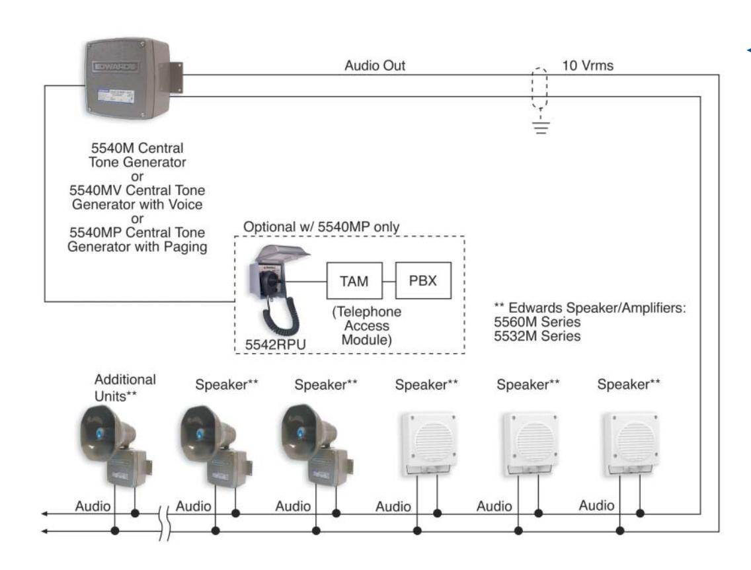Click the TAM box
(354, 280)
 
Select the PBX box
(423, 280)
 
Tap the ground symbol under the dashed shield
(541, 125)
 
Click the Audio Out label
(375, 65)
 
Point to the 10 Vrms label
(588, 65)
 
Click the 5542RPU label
(276, 345)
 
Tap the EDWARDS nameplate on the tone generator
(115, 66)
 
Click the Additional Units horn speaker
(116, 446)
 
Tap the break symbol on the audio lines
(164, 522)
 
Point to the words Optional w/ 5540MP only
(321, 227)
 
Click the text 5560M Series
(537, 322)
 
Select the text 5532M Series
(537, 337)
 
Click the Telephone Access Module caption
(367, 326)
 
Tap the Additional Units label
(125, 388)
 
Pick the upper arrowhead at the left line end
(44, 514)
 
